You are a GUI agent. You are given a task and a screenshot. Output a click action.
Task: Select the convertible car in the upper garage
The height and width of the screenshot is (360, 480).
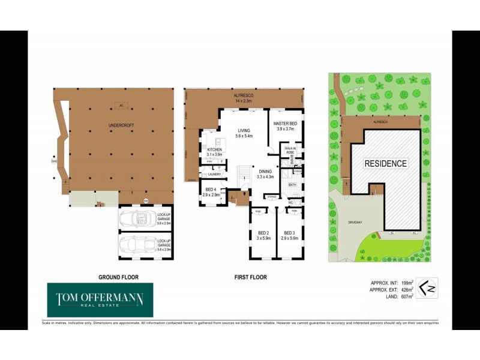point(137,220)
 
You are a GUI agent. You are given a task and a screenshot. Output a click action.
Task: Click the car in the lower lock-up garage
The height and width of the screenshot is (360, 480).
point(137,245)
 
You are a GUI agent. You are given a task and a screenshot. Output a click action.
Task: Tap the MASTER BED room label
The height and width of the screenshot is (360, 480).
point(285,125)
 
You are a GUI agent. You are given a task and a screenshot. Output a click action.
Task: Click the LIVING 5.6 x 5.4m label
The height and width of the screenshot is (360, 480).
point(244,133)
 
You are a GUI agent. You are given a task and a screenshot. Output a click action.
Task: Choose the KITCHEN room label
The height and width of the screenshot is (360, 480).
point(215,152)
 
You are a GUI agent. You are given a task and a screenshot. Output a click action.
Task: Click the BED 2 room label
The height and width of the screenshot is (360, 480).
point(263,235)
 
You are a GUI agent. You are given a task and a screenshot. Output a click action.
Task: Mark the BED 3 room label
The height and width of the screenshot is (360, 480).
point(289,235)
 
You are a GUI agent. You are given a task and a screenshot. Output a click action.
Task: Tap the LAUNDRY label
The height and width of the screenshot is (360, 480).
point(215,175)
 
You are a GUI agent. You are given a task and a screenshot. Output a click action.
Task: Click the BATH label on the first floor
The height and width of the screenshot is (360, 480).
point(292,185)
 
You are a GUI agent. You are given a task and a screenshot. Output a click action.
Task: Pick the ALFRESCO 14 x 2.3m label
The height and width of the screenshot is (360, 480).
point(245,98)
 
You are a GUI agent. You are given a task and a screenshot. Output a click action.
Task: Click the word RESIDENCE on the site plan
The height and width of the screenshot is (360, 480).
point(386,163)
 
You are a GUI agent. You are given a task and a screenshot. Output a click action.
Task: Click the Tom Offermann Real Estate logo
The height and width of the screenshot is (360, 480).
point(100,300)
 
